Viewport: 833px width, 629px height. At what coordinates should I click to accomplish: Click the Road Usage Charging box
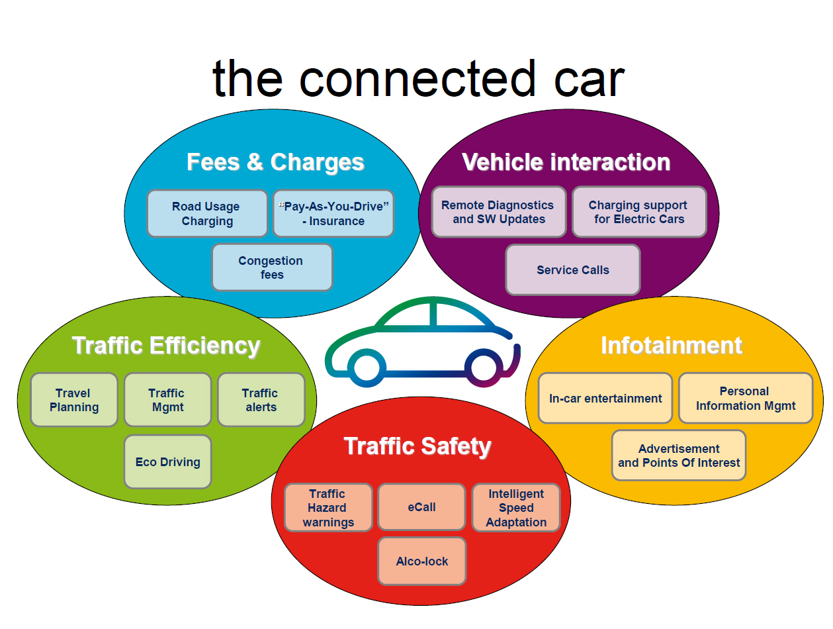[x=207, y=214]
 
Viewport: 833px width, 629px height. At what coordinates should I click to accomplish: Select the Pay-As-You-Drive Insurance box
[x=333, y=214]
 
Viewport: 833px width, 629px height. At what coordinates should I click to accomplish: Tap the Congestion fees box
[x=271, y=267]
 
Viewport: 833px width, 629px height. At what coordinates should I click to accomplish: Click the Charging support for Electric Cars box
[x=638, y=212]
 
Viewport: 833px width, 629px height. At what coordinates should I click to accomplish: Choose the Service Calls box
[x=573, y=270]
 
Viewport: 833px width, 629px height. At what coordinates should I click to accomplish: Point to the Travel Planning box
[x=74, y=400]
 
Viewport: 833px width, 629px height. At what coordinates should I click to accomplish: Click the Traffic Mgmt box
[x=167, y=400]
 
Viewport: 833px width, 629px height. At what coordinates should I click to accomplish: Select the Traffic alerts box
[x=261, y=400]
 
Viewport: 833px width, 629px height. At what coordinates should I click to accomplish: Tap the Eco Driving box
[x=168, y=462]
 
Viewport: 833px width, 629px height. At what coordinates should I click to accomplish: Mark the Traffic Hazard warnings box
[x=328, y=508]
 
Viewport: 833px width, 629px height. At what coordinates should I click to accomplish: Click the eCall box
[x=421, y=507]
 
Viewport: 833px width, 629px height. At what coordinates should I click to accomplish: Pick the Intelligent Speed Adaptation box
[x=516, y=508]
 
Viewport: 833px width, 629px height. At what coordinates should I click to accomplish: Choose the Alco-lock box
[x=422, y=561]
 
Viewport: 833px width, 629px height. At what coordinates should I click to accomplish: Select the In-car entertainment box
[x=605, y=399]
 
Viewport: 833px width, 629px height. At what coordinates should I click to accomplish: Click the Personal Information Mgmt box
[x=746, y=399]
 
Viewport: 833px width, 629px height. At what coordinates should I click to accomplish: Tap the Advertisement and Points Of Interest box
[x=679, y=456]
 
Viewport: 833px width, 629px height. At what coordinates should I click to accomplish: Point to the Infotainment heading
[x=672, y=346]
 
